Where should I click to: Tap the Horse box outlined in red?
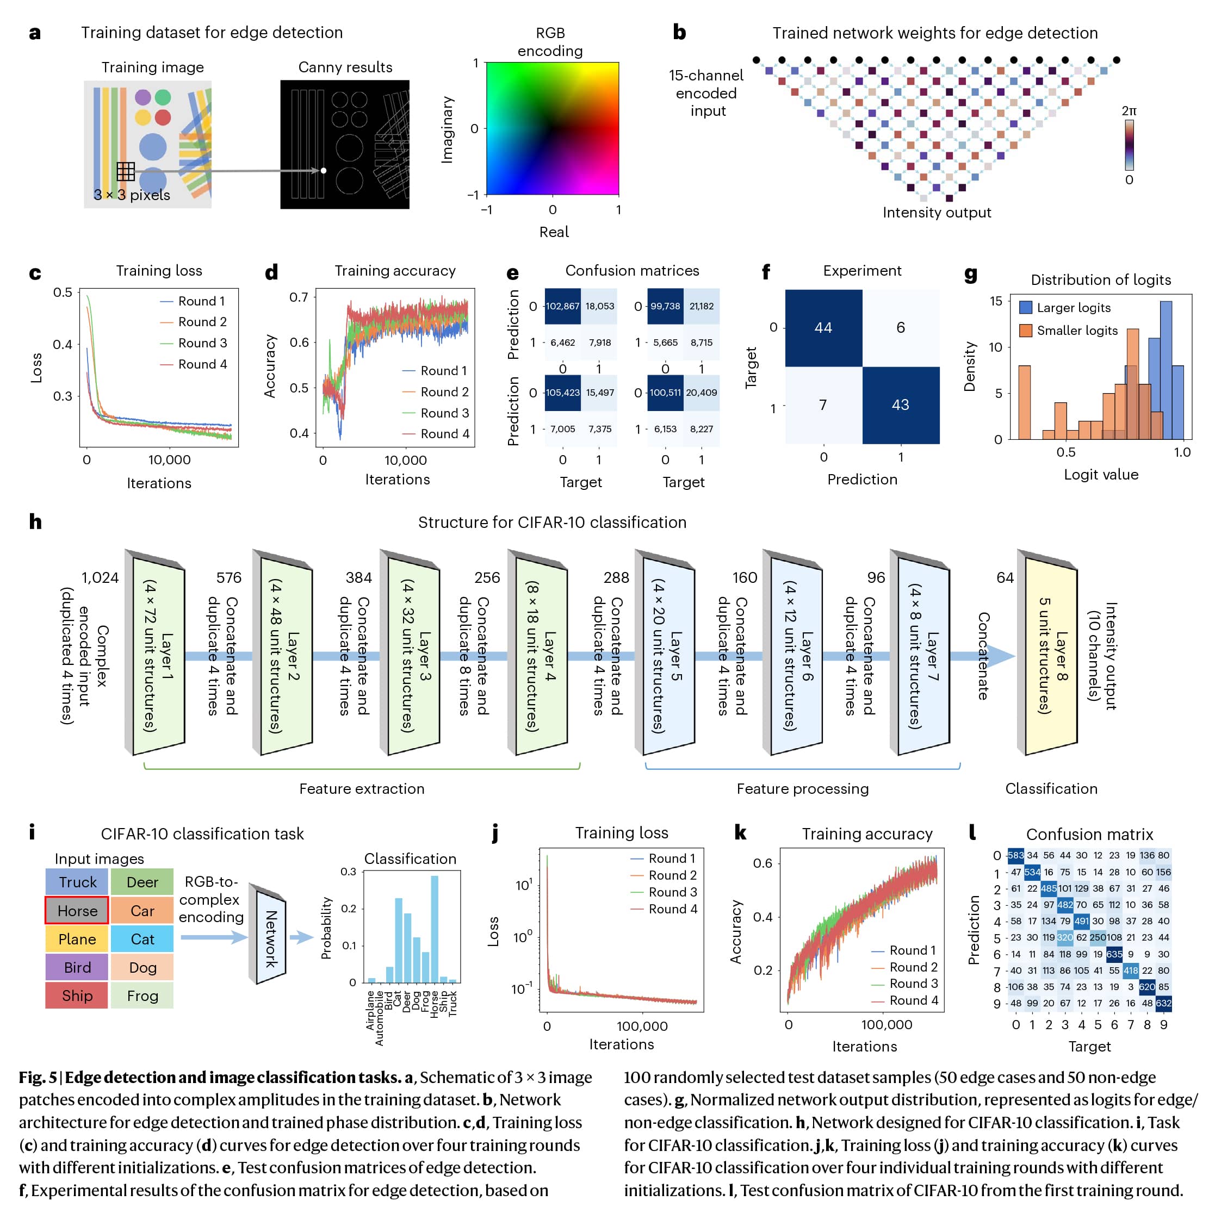pyautogui.click(x=77, y=910)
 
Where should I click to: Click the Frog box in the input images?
pyautogui.click(x=142, y=996)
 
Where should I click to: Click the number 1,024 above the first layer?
pyautogui.click(x=100, y=577)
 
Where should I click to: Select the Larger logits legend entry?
pyautogui.click(x=1073, y=308)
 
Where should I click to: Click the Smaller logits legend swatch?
pyautogui.click(x=1026, y=331)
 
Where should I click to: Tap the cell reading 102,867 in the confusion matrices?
pyautogui.click(x=562, y=306)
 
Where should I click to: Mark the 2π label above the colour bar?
pyautogui.click(x=1129, y=111)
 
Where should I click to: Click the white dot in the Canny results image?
pyautogui.click(x=323, y=170)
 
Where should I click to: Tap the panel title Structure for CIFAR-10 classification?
pyautogui.click(x=552, y=522)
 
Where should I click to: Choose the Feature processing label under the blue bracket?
pyautogui.click(x=802, y=788)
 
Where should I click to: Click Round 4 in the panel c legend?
pyautogui.click(x=202, y=364)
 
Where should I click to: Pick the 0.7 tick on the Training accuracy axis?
pyautogui.click(x=299, y=297)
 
